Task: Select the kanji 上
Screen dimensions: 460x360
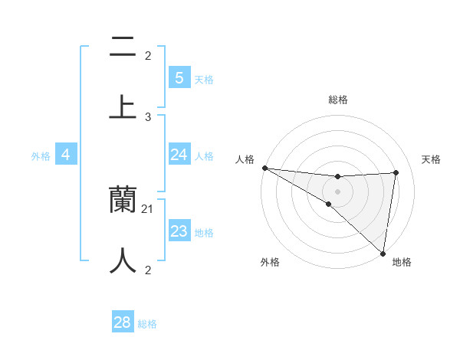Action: point(123,106)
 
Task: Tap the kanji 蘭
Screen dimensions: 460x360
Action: point(123,200)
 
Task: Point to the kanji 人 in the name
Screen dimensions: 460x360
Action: point(123,260)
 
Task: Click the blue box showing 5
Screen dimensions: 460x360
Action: point(179,77)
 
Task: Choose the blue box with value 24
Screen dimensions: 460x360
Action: point(179,155)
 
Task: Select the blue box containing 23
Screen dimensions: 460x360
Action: point(179,231)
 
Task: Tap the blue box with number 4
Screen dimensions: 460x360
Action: point(66,155)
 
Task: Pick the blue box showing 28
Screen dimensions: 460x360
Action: point(123,322)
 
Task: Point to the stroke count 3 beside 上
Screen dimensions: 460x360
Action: point(148,116)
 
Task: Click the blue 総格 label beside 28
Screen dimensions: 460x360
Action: point(147,324)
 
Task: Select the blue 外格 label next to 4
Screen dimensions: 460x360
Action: point(41,155)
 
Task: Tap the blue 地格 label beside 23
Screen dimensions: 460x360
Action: point(204,233)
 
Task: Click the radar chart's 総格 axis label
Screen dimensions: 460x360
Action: point(337,100)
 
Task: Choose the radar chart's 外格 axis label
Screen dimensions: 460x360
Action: point(269,262)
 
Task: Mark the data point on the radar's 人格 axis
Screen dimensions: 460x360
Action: point(264,168)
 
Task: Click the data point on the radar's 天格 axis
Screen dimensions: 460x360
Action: point(396,172)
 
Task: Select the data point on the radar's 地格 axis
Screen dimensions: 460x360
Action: point(382,253)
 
